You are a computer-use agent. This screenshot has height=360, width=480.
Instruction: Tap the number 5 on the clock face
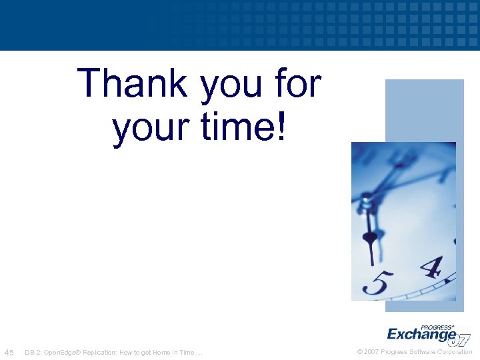click(x=377, y=283)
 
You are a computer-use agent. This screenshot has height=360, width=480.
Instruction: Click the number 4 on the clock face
click(x=431, y=267)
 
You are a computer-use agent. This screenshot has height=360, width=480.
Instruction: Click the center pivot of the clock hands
click(x=365, y=197)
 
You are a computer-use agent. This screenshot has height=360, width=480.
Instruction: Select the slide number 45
click(x=10, y=352)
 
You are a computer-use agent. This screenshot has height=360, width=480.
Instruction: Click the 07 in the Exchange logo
click(x=459, y=339)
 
